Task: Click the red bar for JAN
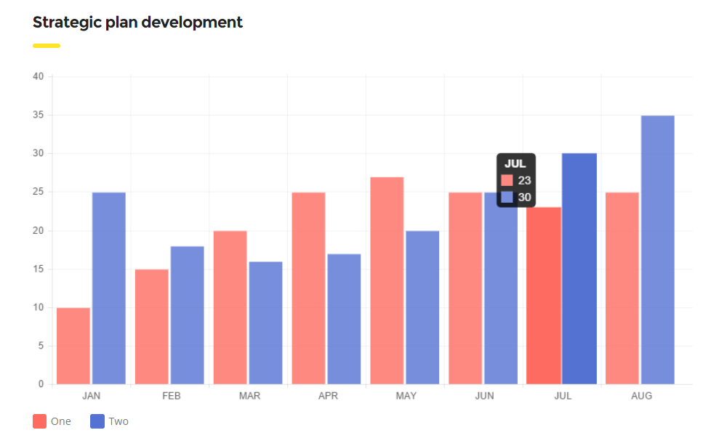(73, 346)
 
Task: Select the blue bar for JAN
(109, 288)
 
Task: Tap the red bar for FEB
(152, 327)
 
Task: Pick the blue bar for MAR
(266, 323)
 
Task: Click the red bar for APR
(309, 288)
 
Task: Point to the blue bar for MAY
(422, 307)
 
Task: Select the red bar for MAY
(387, 280)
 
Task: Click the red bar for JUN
(465, 288)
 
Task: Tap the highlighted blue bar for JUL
(579, 269)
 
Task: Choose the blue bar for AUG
(658, 250)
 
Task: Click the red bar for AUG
(622, 288)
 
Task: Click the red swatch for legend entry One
(40, 421)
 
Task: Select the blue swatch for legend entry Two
(97, 421)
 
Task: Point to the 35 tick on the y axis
(38, 115)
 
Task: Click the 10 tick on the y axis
(38, 307)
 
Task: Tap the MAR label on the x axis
(249, 396)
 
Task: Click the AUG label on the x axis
(641, 396)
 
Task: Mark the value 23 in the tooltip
(524, 180)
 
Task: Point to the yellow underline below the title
(47, 46)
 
